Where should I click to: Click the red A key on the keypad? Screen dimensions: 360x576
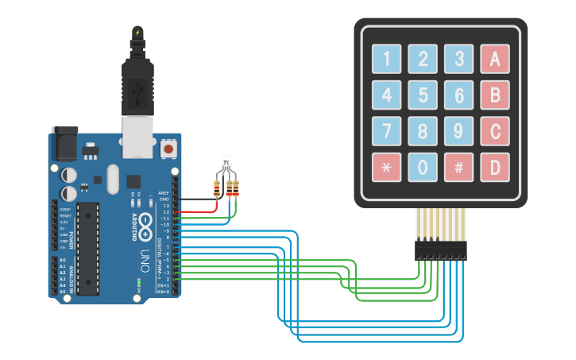[494, 58]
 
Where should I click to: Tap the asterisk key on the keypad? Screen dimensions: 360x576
[386, 167]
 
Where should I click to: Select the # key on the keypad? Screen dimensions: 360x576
[458, 167]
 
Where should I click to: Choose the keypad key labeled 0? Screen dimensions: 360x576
[423, 167]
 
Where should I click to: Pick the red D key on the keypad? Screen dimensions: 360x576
[494, 167]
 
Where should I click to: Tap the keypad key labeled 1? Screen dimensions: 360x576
[386, 58]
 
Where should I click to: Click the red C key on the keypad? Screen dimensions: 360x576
[494, 130]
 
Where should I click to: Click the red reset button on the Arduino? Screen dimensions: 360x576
[168, 149]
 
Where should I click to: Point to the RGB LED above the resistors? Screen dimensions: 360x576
[226, 163]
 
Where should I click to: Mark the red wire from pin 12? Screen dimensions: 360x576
[199, 212]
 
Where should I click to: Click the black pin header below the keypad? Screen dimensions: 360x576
[440, 250]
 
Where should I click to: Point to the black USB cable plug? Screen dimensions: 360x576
[138, 79]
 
